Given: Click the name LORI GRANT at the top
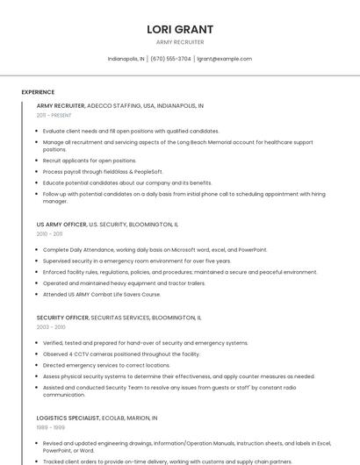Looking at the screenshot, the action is pos(180,29).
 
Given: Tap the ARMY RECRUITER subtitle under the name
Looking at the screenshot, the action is pos(180,42).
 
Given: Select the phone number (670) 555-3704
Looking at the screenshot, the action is pos(170,59).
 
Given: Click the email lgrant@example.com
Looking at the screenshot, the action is pos(224,59).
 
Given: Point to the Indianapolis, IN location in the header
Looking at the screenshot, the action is pos(126,59).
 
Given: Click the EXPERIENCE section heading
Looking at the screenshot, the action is pos(38,92).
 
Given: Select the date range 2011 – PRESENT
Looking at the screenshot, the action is pos(54,115).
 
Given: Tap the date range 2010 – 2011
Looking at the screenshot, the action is pos(49,234).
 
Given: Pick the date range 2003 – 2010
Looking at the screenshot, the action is pos(51,326).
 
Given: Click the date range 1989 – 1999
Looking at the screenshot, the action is pos(50,427).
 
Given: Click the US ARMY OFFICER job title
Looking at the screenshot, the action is pos(61,225).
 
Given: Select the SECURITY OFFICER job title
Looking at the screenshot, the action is pos(62,317).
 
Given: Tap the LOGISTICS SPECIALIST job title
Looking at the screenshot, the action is pos(68,418).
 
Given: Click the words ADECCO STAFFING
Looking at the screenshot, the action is pos(113,105).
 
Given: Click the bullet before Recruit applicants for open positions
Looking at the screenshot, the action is pos(38,161).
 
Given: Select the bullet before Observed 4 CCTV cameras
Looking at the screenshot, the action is pos(38,354).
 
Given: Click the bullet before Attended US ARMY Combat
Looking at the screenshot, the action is pos(38,295).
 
